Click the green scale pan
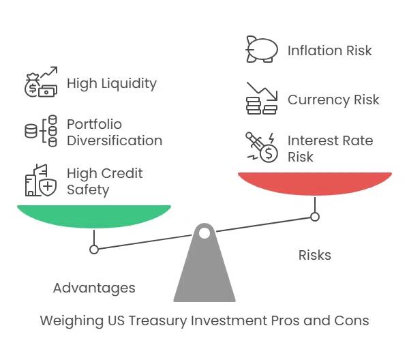94,216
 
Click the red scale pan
315,183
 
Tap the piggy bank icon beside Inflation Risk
262,49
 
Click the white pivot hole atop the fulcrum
204,233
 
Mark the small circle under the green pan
94,250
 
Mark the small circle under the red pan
315,217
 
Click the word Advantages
94,288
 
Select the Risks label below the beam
315,255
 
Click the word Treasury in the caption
158,320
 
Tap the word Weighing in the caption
72,321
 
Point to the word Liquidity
129,84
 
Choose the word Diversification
115,140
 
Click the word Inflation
315,50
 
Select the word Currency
318,100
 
